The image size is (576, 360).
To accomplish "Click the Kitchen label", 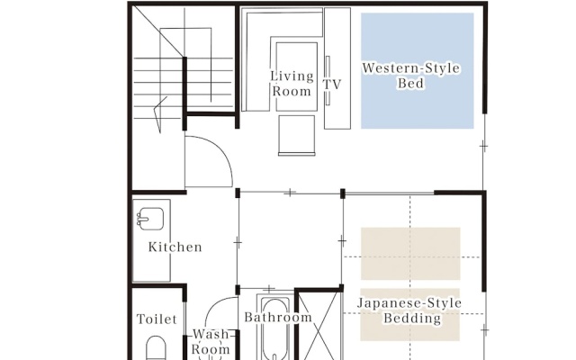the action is click(x=175, y=247).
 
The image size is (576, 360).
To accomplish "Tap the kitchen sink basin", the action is click(x=151, y=219).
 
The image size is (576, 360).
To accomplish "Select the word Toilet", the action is click(x=157, y=319).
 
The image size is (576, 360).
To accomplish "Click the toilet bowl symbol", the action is click(x=156, y=348).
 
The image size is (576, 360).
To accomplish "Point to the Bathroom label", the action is click(x=278, y=317).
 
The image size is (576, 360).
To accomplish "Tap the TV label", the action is click(x=332, y=85).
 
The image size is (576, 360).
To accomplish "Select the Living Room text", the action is click(x=292, y=84).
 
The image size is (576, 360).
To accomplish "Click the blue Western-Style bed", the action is click(x=418, y=71).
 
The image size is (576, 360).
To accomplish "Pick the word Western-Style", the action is click(x=410, y=68).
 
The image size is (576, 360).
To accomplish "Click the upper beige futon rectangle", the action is click(x=410, y=254).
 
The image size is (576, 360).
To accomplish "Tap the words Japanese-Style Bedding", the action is click(x=409, y=310).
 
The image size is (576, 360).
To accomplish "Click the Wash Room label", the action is click(x=211, y=342).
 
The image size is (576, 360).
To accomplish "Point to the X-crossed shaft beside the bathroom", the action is click(x=319, y=326).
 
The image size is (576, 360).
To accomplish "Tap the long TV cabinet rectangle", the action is click(x=337, y=68).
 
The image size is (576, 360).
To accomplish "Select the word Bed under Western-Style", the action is click(x=410, y=83).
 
